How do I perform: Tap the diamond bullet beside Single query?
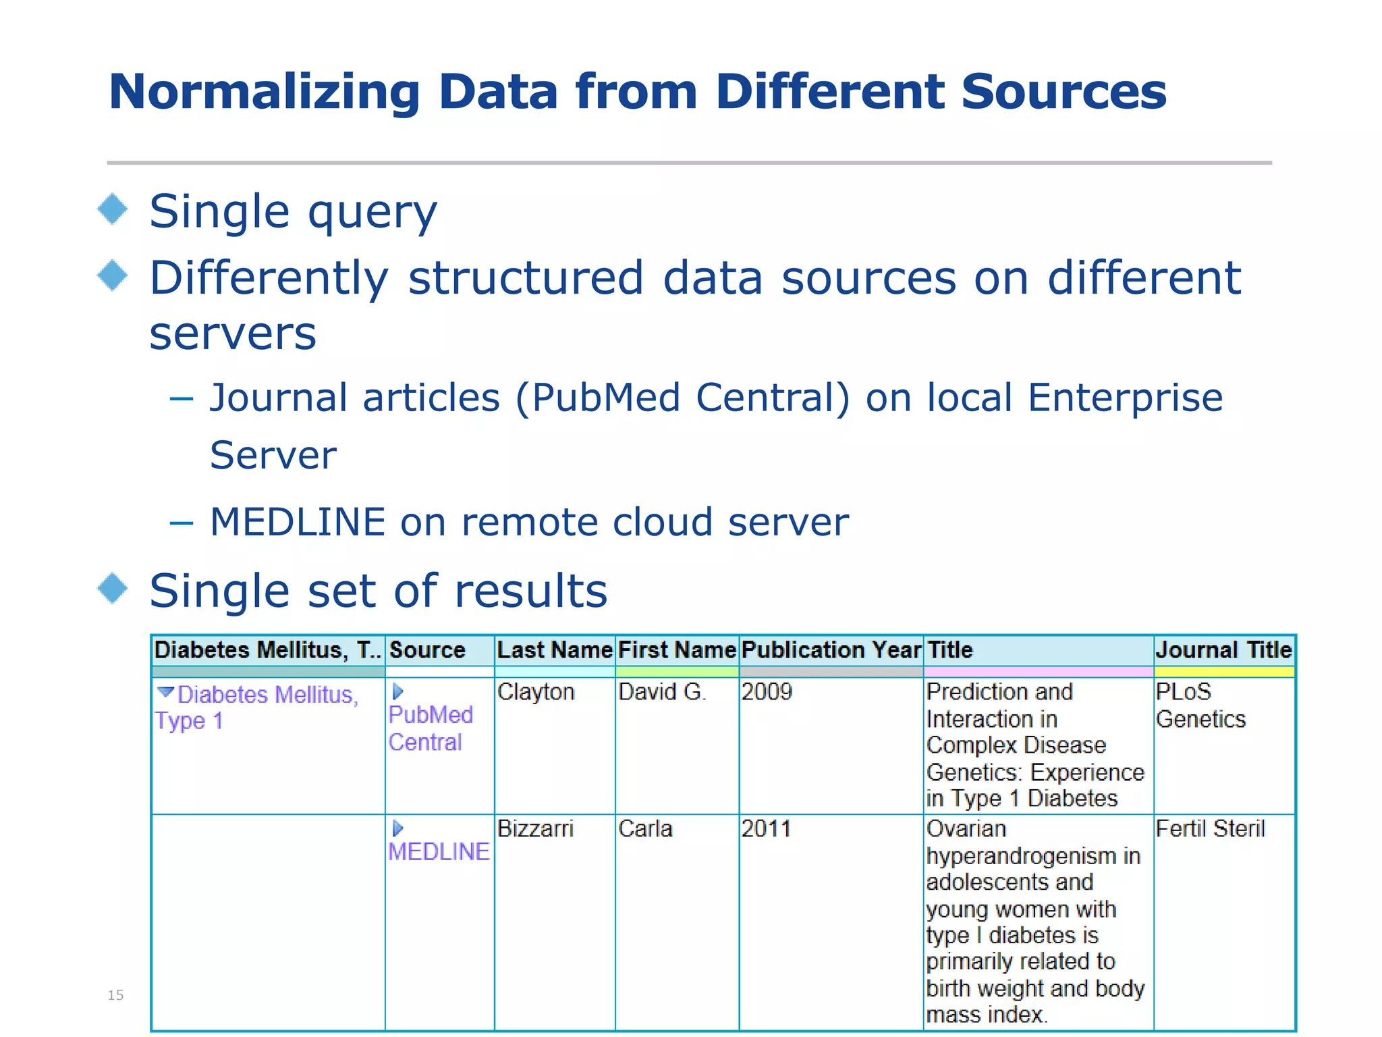tap(113, 209)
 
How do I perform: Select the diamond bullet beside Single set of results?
tap(113, 589)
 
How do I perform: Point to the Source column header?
tap(427, 650)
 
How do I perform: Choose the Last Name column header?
tap(554, 650)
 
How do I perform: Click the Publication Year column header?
tap(831, 650)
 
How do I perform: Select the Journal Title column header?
tap(1223, 650)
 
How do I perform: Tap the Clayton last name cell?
tap(536, 692)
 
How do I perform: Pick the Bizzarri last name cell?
tap(535, 829)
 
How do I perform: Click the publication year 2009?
tap(767, 692)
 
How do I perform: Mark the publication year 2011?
tap(766, 829)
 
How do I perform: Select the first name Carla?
tap(645, 829)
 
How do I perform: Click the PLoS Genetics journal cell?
tap(1200, 706)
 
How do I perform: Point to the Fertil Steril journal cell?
tap(1210, 829)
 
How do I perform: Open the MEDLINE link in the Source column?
tap(439, 852)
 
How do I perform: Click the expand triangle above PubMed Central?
tap(397, 691)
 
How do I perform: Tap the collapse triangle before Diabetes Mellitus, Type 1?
tap(165, 692)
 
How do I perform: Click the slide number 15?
tap(115, 995)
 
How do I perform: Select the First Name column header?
tap(677, 650)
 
